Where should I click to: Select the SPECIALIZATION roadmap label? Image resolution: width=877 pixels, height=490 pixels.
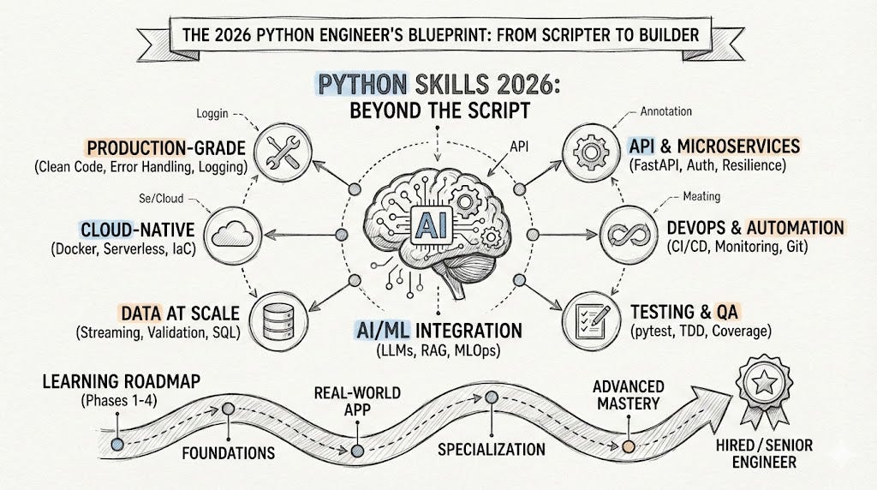click(491, 449)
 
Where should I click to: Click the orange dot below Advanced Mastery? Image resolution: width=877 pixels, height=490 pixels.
click(629, 446)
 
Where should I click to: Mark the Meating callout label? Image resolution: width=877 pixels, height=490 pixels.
click(701, 197)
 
